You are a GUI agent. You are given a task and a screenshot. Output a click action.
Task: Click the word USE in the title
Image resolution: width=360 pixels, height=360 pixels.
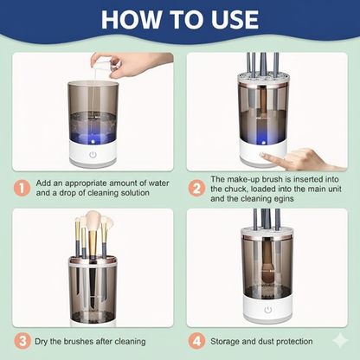click(x=235, y=19)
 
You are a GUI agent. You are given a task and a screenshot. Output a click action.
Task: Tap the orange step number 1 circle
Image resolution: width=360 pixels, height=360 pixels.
click(x=22, y=189)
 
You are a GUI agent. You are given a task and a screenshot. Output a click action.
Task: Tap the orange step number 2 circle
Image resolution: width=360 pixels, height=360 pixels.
click(x=196, y=189)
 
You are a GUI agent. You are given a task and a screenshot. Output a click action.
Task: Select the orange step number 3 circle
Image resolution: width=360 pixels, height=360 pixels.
click(x=22, y=341)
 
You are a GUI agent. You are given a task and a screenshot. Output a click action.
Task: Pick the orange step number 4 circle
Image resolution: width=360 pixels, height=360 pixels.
click(x=196, y=341)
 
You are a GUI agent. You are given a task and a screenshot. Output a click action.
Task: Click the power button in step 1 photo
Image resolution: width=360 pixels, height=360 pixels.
click(x=93, y=155)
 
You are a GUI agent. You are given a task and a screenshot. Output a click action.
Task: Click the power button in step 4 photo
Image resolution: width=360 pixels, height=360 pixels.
click(x=267, y=310)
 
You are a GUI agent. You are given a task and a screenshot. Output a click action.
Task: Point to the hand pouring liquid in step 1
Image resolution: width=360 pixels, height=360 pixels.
click(x=127, y=65)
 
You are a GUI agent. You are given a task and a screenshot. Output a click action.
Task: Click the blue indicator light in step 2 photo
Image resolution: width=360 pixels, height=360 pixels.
click(x=263, y=142)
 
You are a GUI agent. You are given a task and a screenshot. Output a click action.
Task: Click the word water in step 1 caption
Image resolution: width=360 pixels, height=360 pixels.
click(x=158, y=183)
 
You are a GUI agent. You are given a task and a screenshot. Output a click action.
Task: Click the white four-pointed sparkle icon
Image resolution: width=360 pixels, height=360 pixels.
click(x=340, y=340)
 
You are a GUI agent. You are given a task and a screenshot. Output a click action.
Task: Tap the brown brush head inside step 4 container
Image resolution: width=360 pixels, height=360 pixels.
click(x=267, y=276)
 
